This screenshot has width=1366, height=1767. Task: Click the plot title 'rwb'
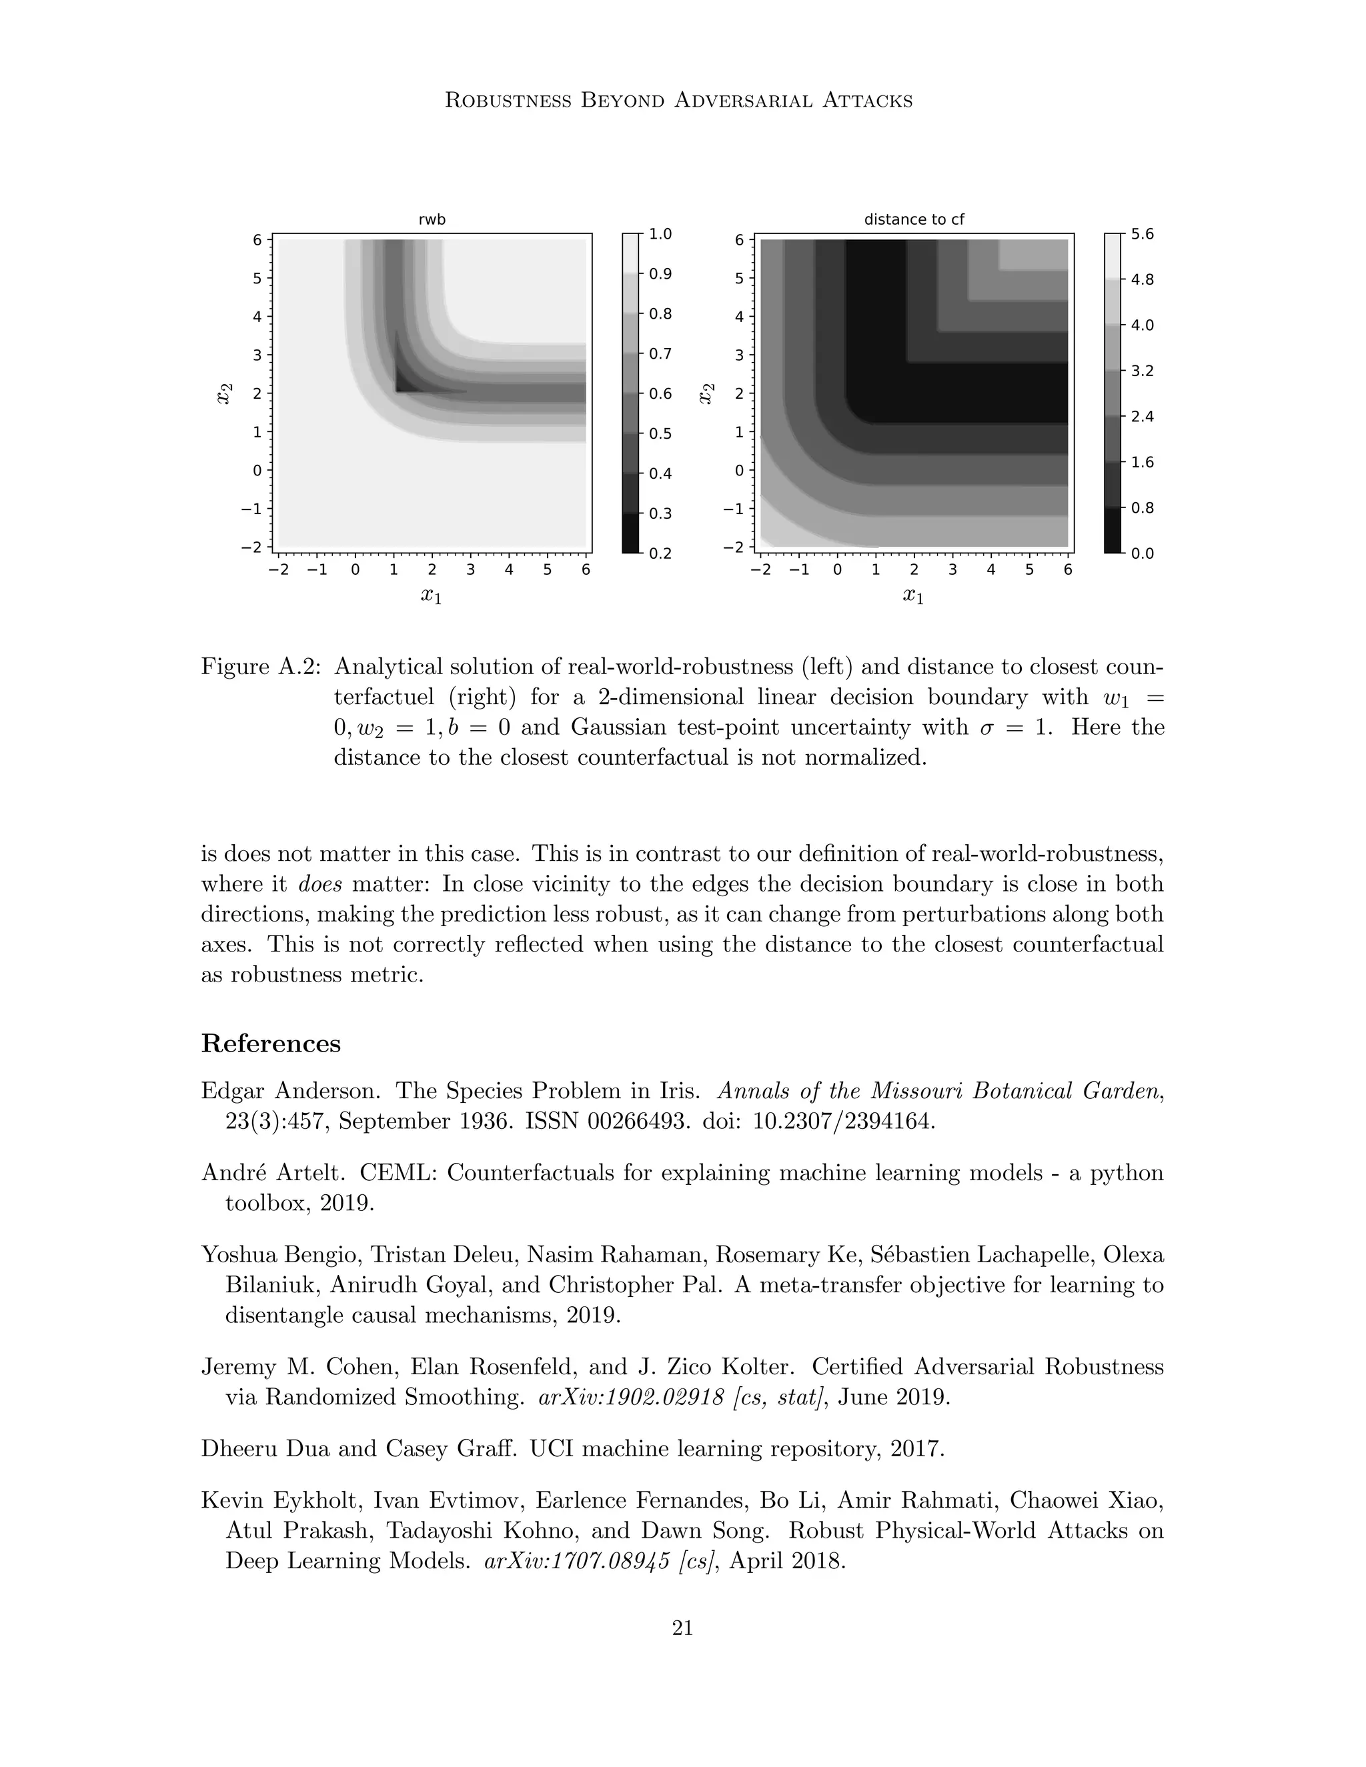432,219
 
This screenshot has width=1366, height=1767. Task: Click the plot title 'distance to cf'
914,219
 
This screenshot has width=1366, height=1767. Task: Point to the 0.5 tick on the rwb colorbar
660,433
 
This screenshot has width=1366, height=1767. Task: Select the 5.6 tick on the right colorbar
1142,234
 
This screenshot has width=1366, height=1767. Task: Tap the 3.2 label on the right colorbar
1142,371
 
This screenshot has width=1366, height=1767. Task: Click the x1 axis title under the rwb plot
432,596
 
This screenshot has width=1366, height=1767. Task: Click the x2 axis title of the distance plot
706,393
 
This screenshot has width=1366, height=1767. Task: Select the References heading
270,1043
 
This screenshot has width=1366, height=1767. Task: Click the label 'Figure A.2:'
261,667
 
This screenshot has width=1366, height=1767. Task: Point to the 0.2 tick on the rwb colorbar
660,553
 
